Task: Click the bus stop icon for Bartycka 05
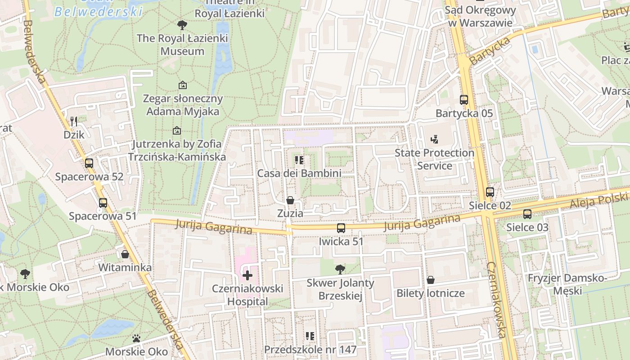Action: pos(464,100)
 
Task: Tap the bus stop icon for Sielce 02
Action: pos(490,192)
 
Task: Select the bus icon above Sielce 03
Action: pos(527,214)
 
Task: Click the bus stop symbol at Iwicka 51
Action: pos(341,228)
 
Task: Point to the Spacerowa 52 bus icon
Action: pos(89,163)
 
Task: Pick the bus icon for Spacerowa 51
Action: pos(103,203)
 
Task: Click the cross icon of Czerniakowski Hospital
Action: pos(247,275)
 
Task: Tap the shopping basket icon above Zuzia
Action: pos(290,200)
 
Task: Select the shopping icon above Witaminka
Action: pos(125,254)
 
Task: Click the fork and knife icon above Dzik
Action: pos(74,121)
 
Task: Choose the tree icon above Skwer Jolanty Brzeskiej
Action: pos(340,270)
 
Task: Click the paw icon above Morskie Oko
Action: pos(136,338)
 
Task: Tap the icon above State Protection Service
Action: pos(434,139)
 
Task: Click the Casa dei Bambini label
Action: pos(299,173)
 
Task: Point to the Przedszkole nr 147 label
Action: pos(310,350)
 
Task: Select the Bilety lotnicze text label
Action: pos(430,293)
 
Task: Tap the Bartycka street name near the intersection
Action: pos(490,50)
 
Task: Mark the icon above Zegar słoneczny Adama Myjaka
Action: pos(183,85)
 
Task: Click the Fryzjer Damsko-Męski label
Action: pos(567,284)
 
